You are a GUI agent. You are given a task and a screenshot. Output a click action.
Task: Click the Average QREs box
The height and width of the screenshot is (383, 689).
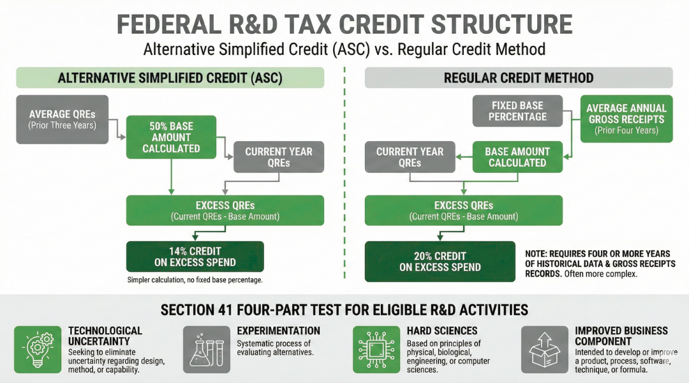click(63, 119)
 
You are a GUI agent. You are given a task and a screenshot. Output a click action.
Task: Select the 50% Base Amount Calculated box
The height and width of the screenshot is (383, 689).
click(171, 137)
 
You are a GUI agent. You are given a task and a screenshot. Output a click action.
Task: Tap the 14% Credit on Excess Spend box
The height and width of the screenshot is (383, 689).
click(195, 257)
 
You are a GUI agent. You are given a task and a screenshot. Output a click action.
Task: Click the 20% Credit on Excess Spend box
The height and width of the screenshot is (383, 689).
click(440, 261)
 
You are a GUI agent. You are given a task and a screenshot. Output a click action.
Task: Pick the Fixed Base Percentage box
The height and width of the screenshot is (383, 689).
click(517, 111)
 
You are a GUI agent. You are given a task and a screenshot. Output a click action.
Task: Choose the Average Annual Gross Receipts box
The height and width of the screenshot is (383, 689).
click(626, 119)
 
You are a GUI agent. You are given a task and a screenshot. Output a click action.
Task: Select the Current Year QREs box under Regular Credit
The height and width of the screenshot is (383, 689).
click(410, 157)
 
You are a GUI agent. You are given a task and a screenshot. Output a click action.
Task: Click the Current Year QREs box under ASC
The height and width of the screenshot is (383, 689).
click(279, 157)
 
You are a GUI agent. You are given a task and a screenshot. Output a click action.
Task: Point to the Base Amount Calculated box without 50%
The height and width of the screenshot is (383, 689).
click(517, 157)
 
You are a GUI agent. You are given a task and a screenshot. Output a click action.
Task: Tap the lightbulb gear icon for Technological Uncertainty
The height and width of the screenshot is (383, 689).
click(37, 349)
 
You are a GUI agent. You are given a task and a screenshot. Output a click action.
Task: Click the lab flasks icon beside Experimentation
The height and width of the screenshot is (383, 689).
click(206, 349)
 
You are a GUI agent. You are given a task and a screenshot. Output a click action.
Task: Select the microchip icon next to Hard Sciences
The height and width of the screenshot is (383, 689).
click(376, 349)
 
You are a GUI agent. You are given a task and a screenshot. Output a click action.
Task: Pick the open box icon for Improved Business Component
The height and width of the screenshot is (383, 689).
click(544, 349)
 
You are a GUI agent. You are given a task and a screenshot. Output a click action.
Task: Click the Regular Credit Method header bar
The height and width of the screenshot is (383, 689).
click(518, 78)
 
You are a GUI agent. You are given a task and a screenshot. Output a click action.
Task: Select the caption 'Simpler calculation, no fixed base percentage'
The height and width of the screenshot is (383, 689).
click(195, 280)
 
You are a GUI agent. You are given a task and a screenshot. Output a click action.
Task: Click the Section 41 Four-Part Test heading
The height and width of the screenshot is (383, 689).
click(344, 310)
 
